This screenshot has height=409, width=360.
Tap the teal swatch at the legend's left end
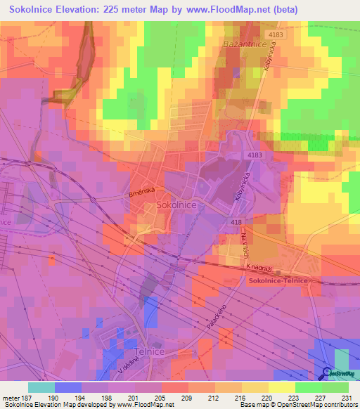[x=41, y=387]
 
